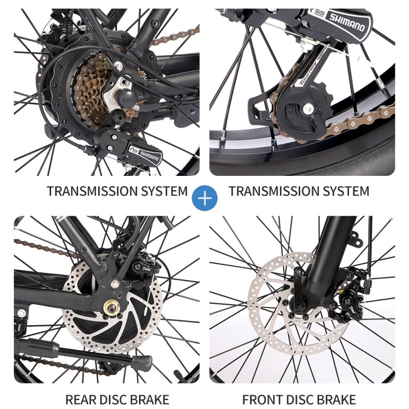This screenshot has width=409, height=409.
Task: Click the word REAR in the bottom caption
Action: tap(81, 399)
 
